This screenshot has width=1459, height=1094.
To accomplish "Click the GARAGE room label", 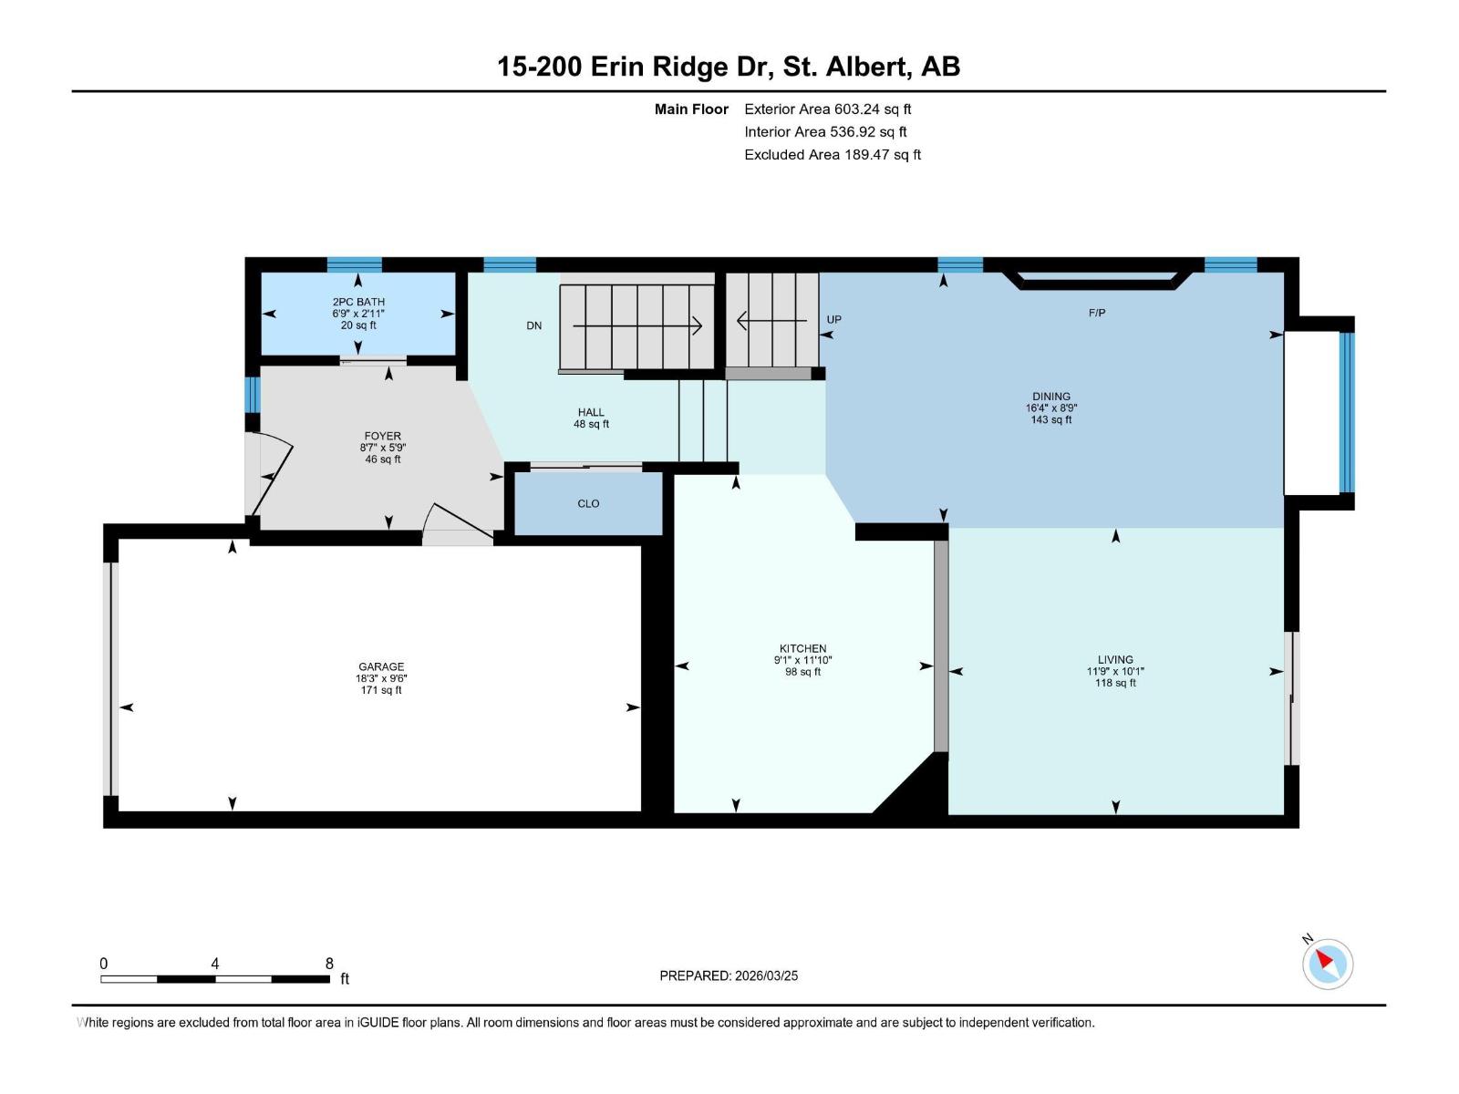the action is pyautogui.click(x=381, y=666).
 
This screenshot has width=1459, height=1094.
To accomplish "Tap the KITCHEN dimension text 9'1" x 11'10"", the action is pyautogui.click(x=803, y=660).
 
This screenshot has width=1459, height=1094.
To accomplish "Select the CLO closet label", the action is pyautogui.click(x=588, y=503).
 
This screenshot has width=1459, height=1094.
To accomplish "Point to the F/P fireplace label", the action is pyautogui.click(x=1097, y=313).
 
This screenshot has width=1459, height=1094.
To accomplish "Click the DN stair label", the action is pyautogui.click(x=533, y=325).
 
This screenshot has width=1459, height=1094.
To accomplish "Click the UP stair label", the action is pyautogui.click(x=833, y=319).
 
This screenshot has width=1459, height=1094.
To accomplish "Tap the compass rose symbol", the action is pyautogui.click(x=1328, y=965).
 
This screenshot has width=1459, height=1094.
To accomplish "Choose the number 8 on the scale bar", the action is pyautogui.click(x=329, y=963).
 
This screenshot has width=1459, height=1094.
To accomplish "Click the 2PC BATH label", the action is pyautogui.click(x=358, y=302).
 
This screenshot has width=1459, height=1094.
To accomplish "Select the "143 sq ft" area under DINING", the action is pyautogui.click(x=1050, y=419).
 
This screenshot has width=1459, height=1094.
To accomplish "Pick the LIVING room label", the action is pyautogui.click(x=1115, y=659).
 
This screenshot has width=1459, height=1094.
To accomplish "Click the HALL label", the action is pyautogui.click(x=591, y=412).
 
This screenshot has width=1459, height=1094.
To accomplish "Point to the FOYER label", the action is pyautogui.click(x=382, y=436).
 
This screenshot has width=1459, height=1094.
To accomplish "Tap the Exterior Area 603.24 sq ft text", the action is pyautogui.click(x=828, y=108).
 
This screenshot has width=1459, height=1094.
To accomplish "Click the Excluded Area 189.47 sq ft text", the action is pyautogui.click(x=833, y=155).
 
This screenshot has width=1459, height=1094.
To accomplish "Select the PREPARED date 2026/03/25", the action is pyautogui.click(x=766, y=975).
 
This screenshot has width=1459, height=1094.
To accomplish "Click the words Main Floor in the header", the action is pyautogui.click(x=691, y=108).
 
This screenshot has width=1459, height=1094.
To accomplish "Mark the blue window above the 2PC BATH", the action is pyautogui.click(x=355, y=265).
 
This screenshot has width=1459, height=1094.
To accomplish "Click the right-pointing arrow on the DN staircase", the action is pyautogui.click(x=637, y=325).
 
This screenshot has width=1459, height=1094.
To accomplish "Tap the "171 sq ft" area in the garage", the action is pyautogui.click(x=381, y=690).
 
